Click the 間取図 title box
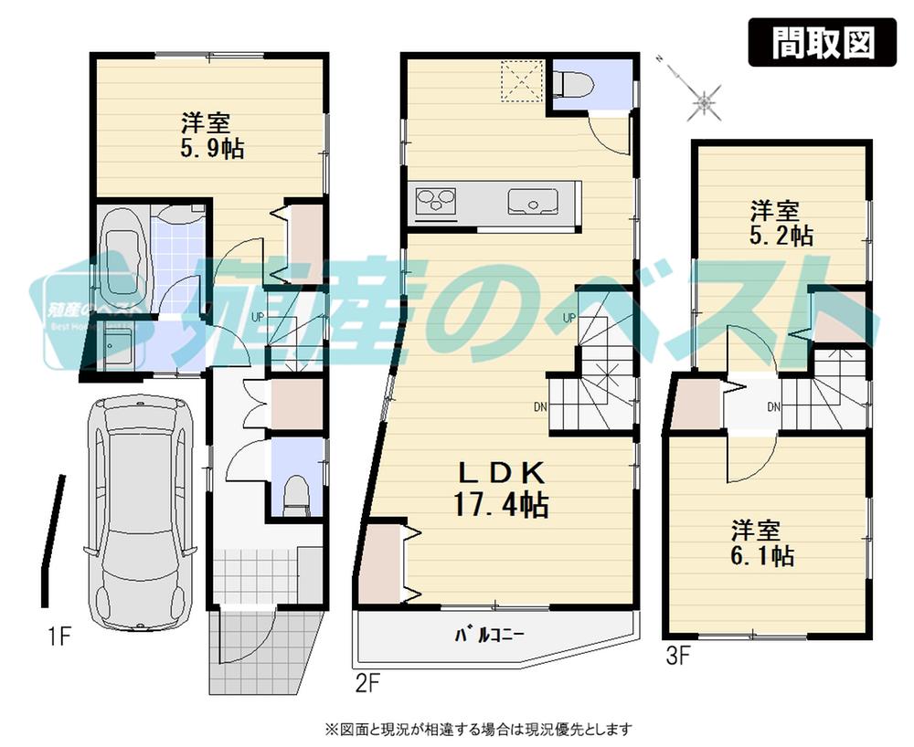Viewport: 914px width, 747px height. click(x=823, y=43)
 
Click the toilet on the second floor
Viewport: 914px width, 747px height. click(x=574, y=85)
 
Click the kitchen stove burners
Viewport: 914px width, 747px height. click(x=437, y=200)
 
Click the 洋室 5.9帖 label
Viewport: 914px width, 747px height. click(x=211, y=135)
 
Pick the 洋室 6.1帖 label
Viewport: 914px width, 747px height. click(x=760, y=542)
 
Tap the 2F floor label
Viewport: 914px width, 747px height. click(x=368, y=680)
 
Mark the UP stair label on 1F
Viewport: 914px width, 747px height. click(x=258, y=317)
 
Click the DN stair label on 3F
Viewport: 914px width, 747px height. click(x=774, y=406)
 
